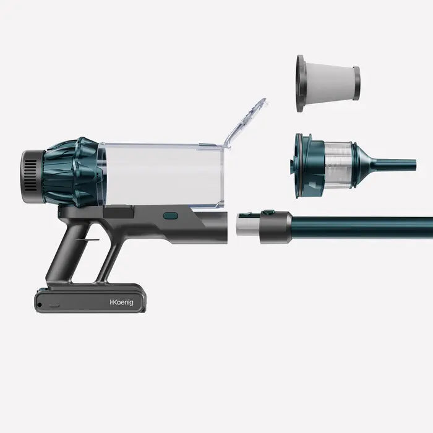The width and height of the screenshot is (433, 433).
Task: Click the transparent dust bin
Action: (161, 176)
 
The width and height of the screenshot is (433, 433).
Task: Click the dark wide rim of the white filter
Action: (301, 84)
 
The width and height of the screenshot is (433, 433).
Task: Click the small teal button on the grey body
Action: (171, 216)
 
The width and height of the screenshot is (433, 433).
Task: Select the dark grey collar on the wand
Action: (276, 226)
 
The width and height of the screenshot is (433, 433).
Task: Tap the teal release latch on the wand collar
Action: (268, 213)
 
